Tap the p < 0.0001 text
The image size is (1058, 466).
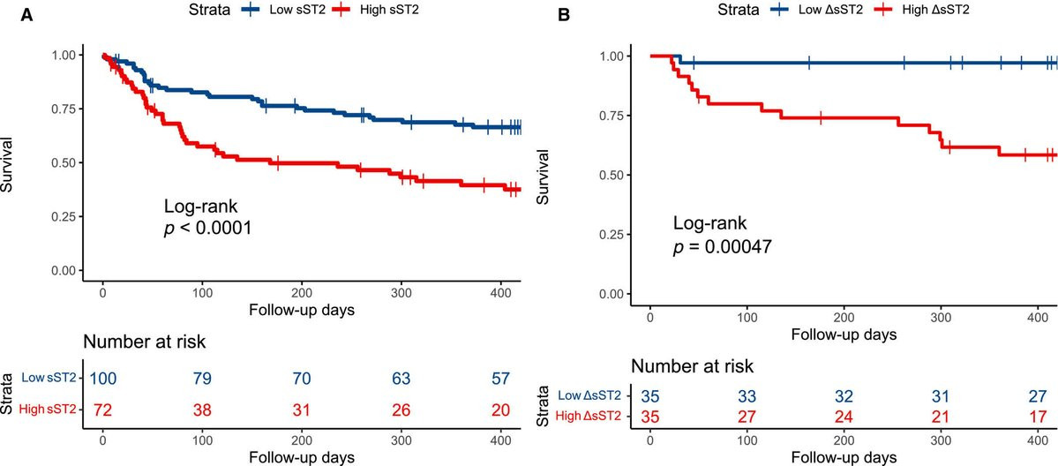(x=208, y=229)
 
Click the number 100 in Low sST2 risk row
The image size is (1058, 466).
(x=102, y=378)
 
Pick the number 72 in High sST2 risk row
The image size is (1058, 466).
(x=102, y=410)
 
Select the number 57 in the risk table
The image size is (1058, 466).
(x=501, y=378)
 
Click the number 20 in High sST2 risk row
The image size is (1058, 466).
(x=501, y=410)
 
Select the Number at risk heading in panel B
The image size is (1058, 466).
(x=693, y=366)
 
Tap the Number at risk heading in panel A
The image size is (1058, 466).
(x=145, y=342)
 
